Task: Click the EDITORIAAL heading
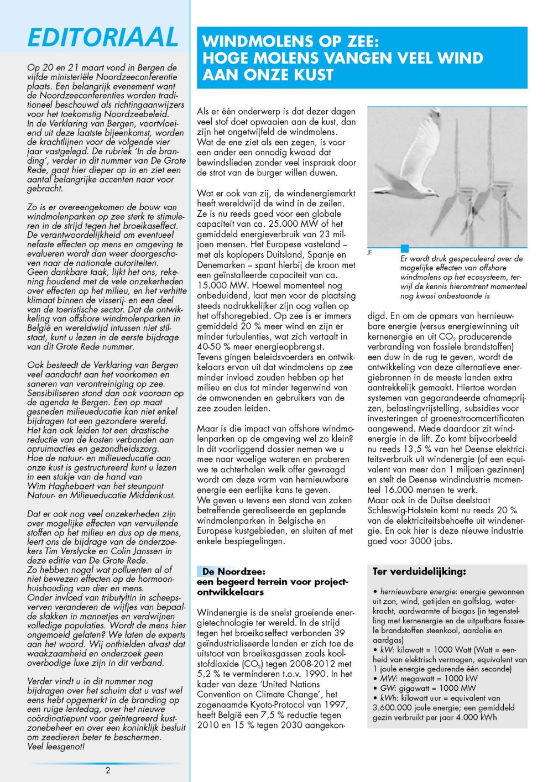pyautogui.click(x=103, y=38)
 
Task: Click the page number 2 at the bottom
pyautogui.click(x=108, y=770)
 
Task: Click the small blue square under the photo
pyautogui.click(x=405, y=249)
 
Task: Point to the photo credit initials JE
pyautogui.click(x=370, y=253)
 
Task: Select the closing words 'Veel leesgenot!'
pyautogui.click(x=56, y=747)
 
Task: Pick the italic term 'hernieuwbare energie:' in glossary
pyautogui.click(x=418, y=592)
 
